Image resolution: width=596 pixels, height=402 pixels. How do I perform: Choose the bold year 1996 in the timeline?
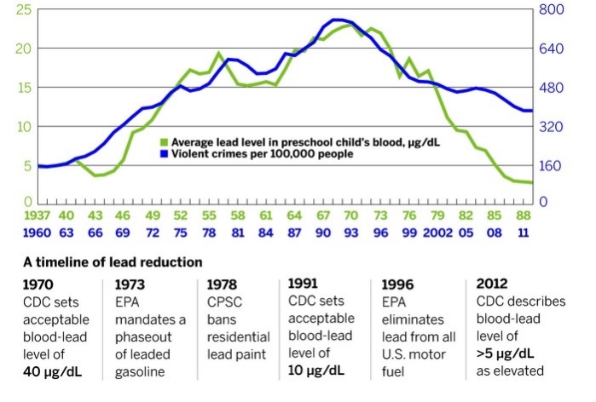397,284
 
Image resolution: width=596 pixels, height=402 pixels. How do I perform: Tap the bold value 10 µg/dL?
317,370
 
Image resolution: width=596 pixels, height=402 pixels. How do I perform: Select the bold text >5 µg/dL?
506,353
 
